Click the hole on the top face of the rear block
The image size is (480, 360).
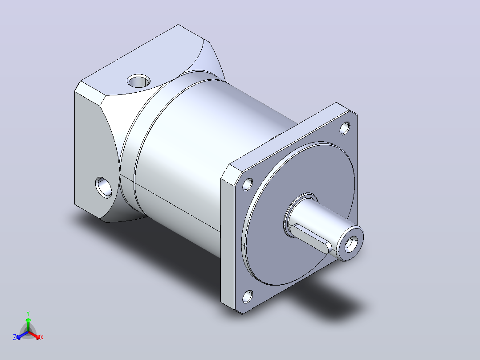pyautogui.click(x=138, y=81)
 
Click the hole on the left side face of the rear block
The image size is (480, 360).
pyautogui.click(x=104, y=187)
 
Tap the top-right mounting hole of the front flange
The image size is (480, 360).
pyautogui.click(x=345, y=128)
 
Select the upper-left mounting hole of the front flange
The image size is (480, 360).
pyautogui.click(x=248, y=184)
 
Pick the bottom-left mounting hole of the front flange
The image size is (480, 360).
pyautogui.click(x=248, y=296)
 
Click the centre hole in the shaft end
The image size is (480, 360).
pyautogui.click(x=351, y=244)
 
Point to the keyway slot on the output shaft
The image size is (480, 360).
pyautogui.click(x=311, y=238)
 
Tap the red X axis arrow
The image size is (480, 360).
pyautogui.click(x=34, y=335)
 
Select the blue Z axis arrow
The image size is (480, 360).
pyautogui.click(x=22, y=335)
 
